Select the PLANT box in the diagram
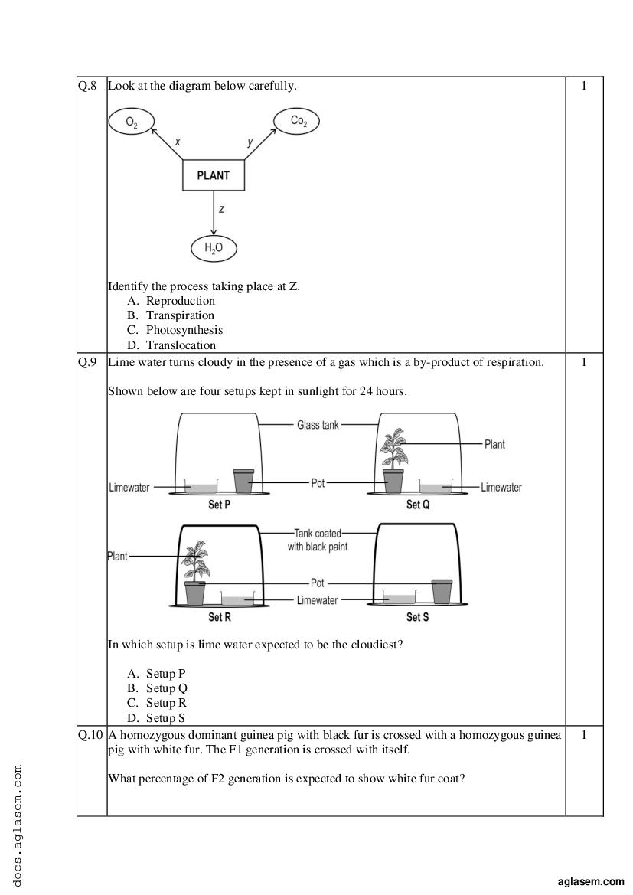click(x=214, y=175)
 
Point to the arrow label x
click(x=178, y=142)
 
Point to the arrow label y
click(x=250, y=142)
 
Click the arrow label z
click(x=221, y=210)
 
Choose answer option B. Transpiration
click(x=171, y=315)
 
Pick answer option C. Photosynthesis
click(x=175, y=330)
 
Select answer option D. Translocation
click(x=171, y=345)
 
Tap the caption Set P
click(x=219, y=505)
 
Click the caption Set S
click(x=417, y=617)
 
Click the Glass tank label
click(x=318, y=425)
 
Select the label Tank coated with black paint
click(x=318, y=540)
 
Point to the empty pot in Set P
click(x=243, y=481)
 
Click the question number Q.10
click(x=90, y=735)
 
